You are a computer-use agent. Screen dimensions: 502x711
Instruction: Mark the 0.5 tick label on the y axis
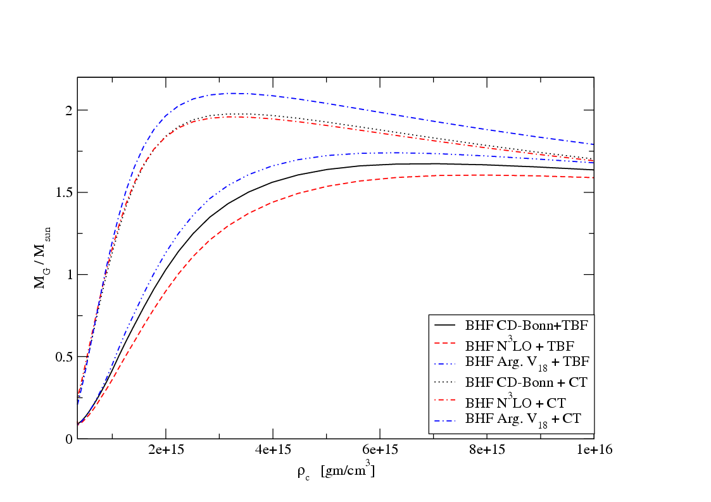(x=63, y=357)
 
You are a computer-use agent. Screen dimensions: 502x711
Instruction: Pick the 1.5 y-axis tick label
(x=63, y=192)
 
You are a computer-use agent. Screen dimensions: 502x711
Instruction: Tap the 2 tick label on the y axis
(x=68, y=110)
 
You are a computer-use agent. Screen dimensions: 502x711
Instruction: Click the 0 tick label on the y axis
(x=68, y=439)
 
